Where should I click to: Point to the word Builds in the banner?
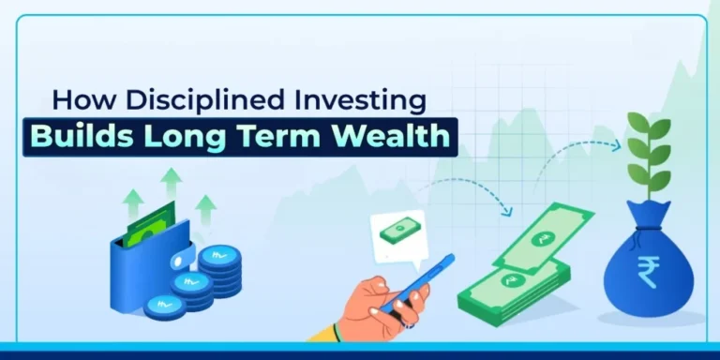[x=87, y=136]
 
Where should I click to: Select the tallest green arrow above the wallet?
[x=171, y=185]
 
